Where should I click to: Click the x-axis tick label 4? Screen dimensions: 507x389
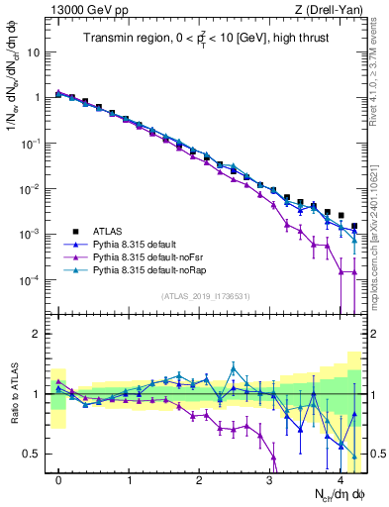[340, 480]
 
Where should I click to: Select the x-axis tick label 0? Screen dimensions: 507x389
[59, 480]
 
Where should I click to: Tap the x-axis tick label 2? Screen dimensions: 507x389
[200, 480]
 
